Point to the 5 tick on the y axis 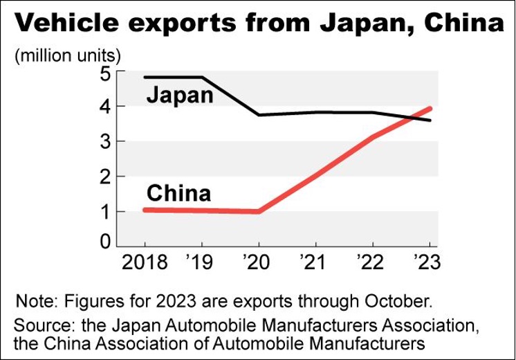[107, 72]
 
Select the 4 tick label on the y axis [107, 107]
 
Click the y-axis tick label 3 [107, 142]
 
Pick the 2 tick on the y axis [107, 177]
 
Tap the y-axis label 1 [107, 211]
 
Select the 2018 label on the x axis [145, 262]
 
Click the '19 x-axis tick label [201, 262]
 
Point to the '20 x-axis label [259, 262]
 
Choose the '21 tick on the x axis [315, 262]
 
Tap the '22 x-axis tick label [373, 262]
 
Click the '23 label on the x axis [427, 262]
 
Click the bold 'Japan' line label [180, 94]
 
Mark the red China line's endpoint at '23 [430, 109]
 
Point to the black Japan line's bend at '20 [259, 114]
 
